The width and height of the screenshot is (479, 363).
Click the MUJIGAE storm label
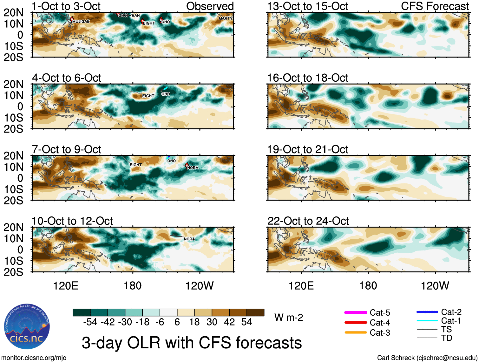click(81, 21)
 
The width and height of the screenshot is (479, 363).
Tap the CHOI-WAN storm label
click(129, 15)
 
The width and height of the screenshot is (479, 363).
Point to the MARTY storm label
click(226, 18)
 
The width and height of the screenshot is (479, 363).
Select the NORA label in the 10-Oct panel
click(189, 239)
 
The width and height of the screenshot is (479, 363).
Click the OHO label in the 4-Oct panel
click(166, 94)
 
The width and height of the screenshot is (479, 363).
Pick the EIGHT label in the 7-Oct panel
click(136, 165)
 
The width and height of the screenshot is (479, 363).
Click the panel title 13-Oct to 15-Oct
click(308, 6)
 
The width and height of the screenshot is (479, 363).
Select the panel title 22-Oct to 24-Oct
click(308, 221)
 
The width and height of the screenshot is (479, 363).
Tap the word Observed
click(210, 6)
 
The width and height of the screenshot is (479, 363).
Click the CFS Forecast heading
click(435, 6)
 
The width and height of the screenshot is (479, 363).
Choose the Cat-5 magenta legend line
click(356, 313)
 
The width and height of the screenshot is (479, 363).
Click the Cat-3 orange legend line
click(356, 332)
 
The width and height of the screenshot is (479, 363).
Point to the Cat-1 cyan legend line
click(427, 321)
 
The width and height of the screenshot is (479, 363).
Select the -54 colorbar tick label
click(90, 322)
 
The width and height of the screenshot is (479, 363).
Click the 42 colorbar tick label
click(229, 322)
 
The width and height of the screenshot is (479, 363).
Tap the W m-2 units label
click(289, 317)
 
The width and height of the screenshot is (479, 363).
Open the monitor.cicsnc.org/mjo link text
click(34, 358)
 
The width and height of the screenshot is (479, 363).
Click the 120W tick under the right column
click(435, 285)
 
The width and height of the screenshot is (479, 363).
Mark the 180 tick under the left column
click(133, 285)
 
